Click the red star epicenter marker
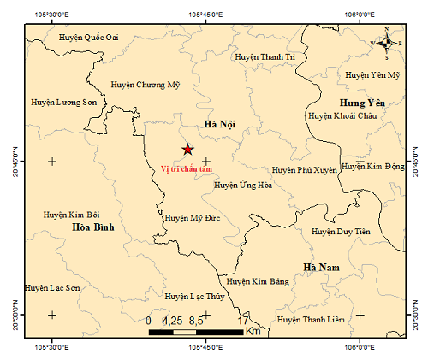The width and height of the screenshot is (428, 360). tap(187, 150)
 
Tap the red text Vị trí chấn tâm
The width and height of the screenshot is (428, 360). tap(186, 168)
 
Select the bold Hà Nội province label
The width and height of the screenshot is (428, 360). tap(219, 125)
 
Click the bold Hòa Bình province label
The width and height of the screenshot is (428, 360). tap(93, 227)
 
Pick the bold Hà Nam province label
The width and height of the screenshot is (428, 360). tap(322, 268)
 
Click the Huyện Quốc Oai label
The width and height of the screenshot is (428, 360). tap(89, 37)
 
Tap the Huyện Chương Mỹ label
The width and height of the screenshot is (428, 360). tap(146, 85)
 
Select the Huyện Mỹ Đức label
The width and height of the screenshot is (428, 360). tap(193, 218)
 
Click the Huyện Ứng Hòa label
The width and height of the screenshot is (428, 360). tap(242, 184)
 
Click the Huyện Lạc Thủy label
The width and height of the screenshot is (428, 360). tap(195, 297)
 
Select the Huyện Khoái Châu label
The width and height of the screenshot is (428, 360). tap(342, 115)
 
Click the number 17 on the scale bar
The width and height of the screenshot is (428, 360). tap(243, 320)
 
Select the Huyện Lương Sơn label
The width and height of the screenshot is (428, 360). tap(64, 102)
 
